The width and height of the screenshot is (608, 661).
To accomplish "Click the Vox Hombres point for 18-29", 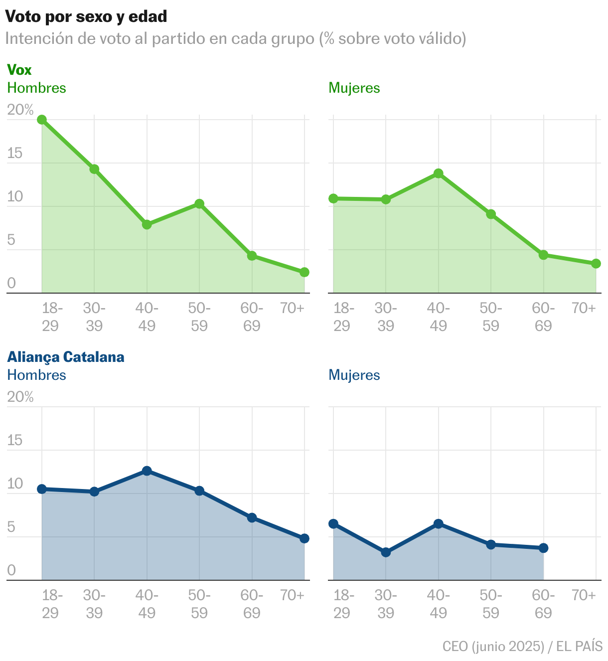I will point(42,120).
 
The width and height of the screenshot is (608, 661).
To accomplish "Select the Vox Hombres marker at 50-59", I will point(199,203).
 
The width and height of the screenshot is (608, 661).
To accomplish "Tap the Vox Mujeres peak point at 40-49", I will point(439,173).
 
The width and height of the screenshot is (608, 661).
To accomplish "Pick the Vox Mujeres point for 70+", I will point(596,263).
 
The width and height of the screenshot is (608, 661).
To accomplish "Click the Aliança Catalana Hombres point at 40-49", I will point(147,471).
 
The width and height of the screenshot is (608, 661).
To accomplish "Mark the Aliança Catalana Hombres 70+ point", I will point(304,538).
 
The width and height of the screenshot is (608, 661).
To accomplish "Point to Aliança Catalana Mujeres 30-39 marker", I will point(386,552).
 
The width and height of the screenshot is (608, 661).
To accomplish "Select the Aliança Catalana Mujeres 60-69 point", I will point(544,548).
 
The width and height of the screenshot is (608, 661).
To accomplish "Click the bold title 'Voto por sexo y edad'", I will point(86,16).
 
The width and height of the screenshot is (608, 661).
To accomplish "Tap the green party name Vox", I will point(19,70).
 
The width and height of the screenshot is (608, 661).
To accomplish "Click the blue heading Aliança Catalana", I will point(65,357).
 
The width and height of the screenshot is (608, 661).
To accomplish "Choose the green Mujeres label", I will point(354,88).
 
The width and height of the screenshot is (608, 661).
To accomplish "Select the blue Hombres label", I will point(36,375).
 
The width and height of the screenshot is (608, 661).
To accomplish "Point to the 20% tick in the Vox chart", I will point(20,110).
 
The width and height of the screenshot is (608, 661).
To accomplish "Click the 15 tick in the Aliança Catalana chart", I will point(15,440).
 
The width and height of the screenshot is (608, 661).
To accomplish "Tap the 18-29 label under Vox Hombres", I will point(51,317).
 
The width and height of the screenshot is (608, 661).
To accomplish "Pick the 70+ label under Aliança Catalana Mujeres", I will point(583,595).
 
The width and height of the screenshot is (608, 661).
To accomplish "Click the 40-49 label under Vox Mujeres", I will point(439,317).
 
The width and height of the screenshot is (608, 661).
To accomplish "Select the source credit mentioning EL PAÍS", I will point(522,647).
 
